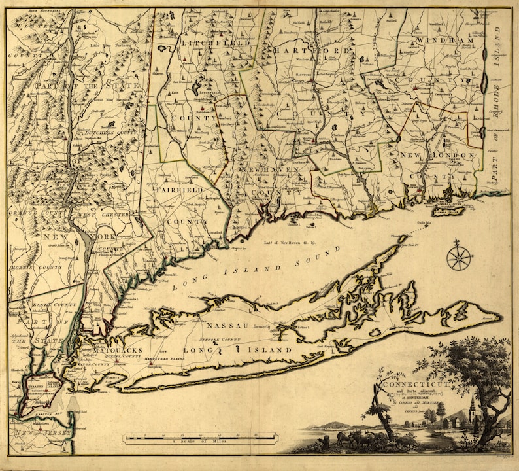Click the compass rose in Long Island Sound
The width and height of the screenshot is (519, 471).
(459, 256)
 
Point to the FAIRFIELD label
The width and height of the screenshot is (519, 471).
(178, 190)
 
